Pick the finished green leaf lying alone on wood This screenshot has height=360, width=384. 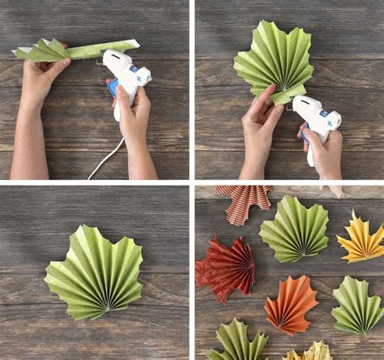click(x=95, y=272)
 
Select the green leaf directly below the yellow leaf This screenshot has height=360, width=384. click(x=356, y=306)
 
